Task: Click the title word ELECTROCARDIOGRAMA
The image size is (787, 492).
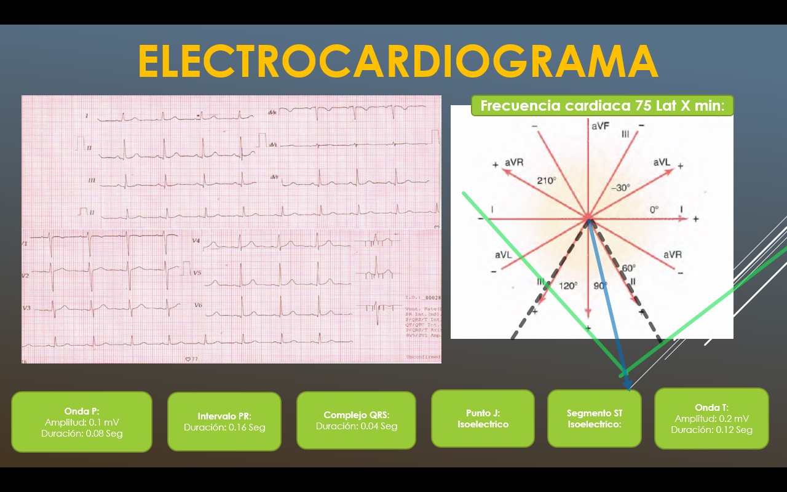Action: click(x=398, y=61)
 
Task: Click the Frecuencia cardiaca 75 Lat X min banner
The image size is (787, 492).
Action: click(x=602, y=105)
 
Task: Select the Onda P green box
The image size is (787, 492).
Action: click(x=82, y=422)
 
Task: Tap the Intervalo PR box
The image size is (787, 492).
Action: click(x=224, y=421)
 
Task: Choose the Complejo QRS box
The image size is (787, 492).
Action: click(x=357, y=420)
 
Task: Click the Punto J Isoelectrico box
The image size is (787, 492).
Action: click(x=483, y=418)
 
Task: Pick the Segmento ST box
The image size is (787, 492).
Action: click(x=594, y=418)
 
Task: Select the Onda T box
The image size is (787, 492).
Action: click(x=711, y=418)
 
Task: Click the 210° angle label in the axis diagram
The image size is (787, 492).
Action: click(x=547, y=181)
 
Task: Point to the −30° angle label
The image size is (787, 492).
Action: click(x=619, y=188)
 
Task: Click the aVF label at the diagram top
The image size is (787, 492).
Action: click(x=600, y=126)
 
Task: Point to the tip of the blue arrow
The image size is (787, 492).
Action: click(x=628, y=387)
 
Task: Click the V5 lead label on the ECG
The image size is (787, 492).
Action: click(x=197, y=272)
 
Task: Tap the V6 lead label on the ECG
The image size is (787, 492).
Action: click(x=197, y=305)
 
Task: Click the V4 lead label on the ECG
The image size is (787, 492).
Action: click(x=196, y=240)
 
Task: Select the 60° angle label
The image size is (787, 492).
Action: click(x=628, y=269)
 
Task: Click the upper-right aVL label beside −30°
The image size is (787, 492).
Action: click(x=662, y=162)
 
